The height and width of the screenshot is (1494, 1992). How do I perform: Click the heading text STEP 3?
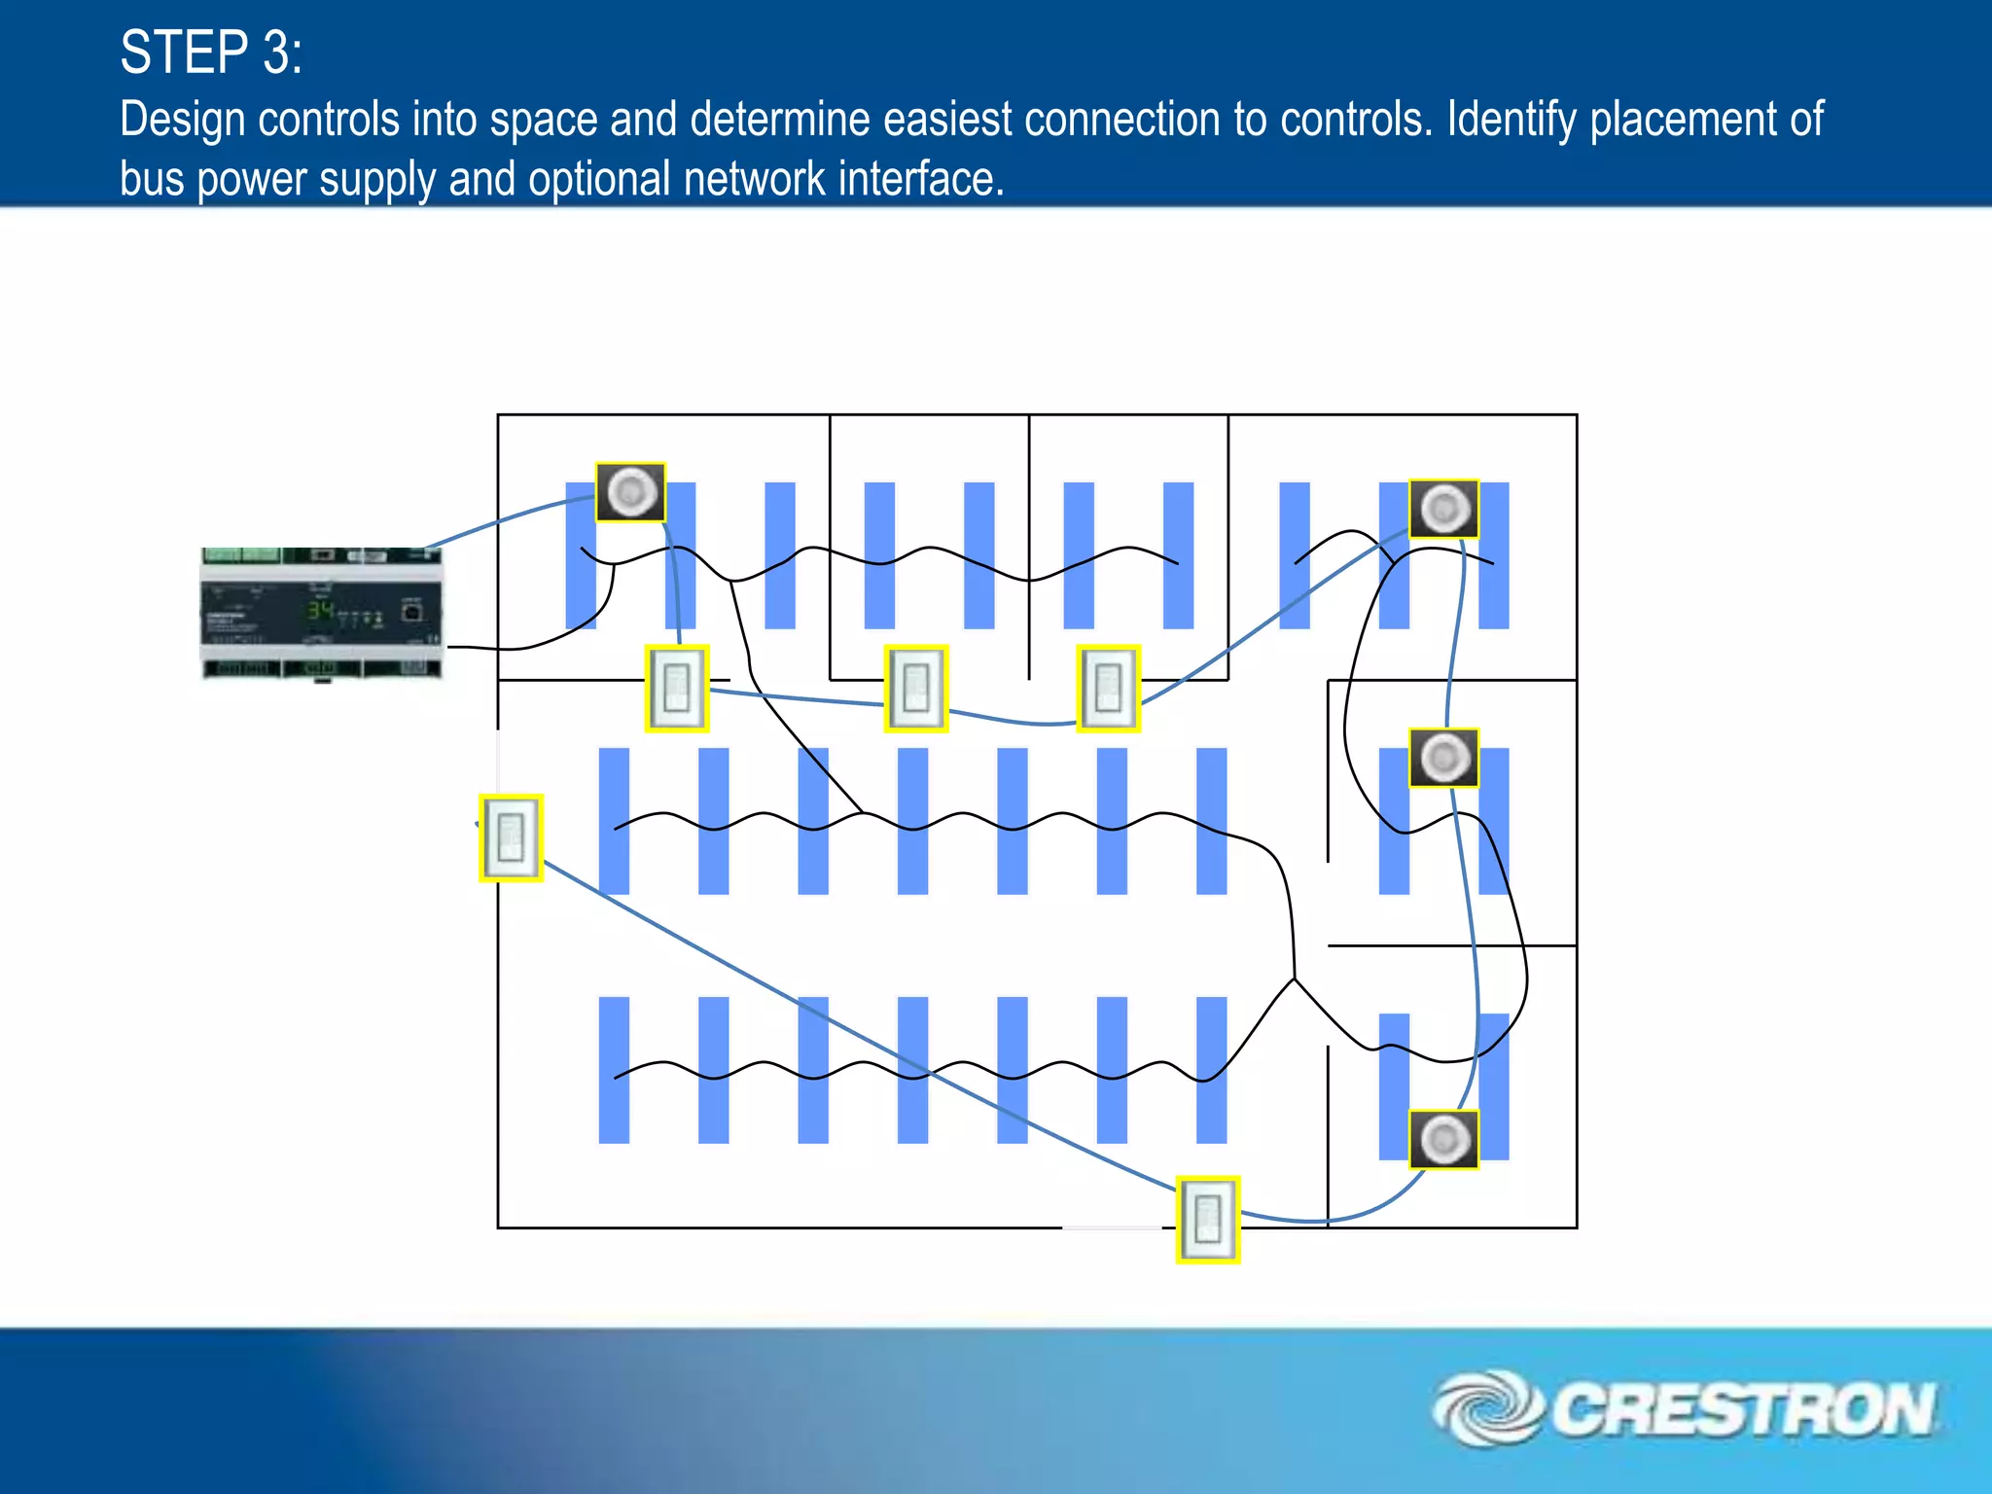[x=211, y=53]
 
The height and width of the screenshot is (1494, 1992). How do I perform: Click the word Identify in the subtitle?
[x=1511, y=120]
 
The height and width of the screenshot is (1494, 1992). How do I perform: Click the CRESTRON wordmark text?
[x=1742, y=1409]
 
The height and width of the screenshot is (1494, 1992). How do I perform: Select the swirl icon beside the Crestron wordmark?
[x=1486, y=1407]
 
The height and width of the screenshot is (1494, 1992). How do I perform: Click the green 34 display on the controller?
[x=320, y=611]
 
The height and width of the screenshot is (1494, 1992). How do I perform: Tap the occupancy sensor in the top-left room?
[x=630, y=492]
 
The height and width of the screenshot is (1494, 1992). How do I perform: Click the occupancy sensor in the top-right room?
[x=1443, y=508]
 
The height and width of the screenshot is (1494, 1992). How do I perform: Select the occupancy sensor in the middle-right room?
[x=1443, y=758]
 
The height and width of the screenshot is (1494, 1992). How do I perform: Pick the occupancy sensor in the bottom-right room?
[x=1443, y=1139]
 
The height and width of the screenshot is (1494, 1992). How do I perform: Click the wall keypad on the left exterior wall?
[x=511, y=837]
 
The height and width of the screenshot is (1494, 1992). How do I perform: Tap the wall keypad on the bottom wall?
[x=1207, y=1219]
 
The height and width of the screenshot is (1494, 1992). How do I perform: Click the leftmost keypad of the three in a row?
[x=677, y=688]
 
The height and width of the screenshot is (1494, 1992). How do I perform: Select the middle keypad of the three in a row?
[x=915, y=688]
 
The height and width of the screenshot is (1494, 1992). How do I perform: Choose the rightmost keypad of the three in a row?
[x=1108, y=688]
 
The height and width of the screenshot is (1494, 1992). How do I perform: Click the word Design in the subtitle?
[x=182, y=120]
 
